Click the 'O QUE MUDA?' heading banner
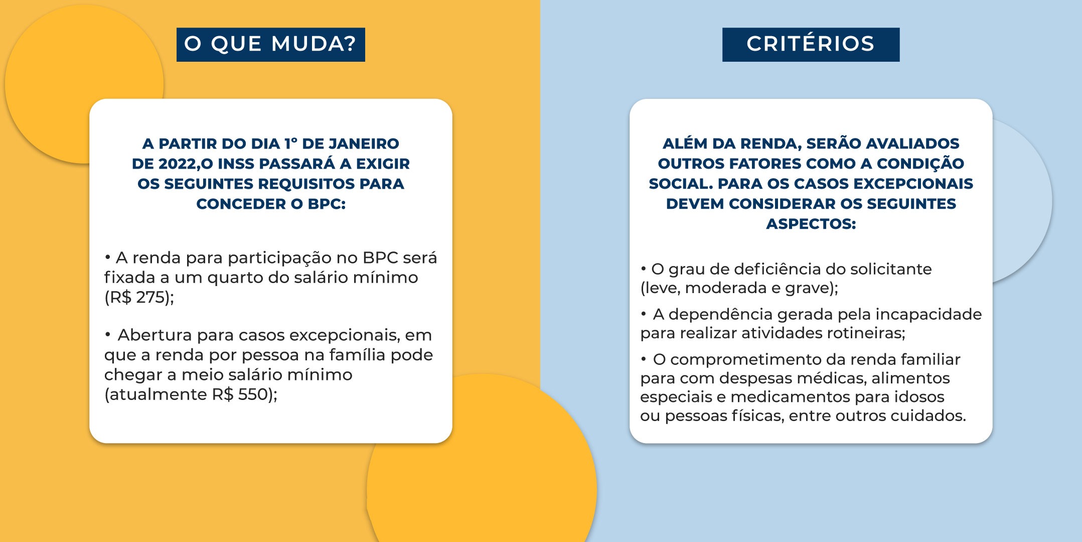[x=271, y=45]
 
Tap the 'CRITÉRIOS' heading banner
[x=811, y=45]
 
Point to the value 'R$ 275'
[x=136, y=297]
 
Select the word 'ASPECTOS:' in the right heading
[x=811, y=224]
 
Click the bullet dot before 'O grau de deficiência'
[x=644, y=268]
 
